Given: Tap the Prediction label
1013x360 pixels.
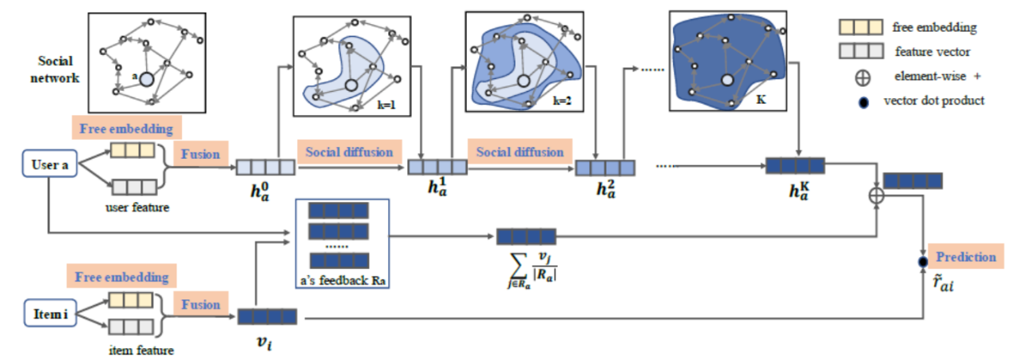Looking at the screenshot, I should point(966,257).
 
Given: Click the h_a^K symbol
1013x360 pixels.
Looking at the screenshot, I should point(795,192).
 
